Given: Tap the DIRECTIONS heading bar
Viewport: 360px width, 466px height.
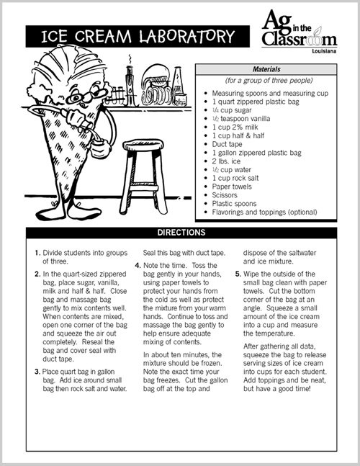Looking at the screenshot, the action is (181, 233).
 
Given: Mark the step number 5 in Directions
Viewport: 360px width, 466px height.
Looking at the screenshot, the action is (238, 274).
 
